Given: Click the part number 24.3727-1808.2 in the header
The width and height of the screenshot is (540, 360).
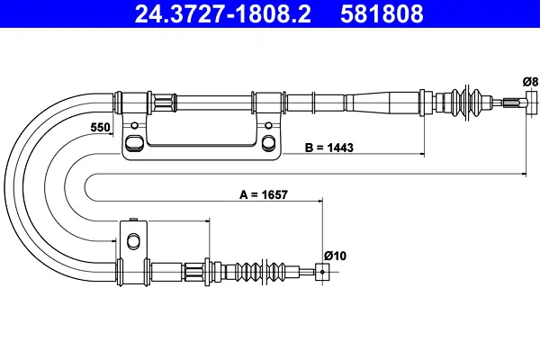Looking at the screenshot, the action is tap(223, 13).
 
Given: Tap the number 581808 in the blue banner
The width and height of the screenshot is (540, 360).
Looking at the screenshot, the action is tap(382, 13).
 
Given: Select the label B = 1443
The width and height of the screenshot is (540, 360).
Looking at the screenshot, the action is tap(328, 148).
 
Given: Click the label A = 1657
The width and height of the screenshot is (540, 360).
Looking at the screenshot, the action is tap(264, 194).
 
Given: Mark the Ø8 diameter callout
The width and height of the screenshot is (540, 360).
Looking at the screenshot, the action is tap(530, 82).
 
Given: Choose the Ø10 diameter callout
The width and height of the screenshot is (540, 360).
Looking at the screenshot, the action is tap(335, 256).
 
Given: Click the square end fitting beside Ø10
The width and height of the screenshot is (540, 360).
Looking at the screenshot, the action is tap(322, 272).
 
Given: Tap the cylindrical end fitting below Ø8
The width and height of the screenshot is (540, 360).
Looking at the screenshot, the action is tap(531, 103).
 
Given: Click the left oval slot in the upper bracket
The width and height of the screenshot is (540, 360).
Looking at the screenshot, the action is tap(133, 142).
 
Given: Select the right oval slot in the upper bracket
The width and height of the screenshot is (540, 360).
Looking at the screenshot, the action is tap(268, 142).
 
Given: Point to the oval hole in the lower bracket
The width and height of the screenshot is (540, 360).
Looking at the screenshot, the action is tap(133, 241).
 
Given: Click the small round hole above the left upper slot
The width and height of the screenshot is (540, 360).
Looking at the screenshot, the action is tap(135, 125).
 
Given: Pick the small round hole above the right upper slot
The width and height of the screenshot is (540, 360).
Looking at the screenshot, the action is tap(268, 125).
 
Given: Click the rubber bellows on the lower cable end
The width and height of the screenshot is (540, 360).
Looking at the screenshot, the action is tap(262, 272).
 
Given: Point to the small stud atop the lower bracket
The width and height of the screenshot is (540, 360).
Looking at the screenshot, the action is tap(133, 220).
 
